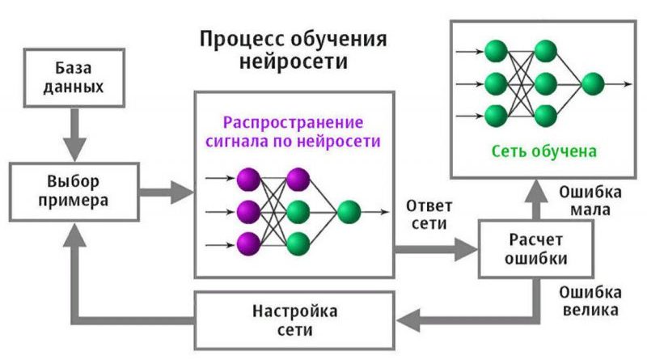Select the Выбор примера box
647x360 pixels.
[72, 189]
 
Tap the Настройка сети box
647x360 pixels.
[294, 320]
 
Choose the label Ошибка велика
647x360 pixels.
[591, 300]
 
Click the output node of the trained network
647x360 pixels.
[593, 83]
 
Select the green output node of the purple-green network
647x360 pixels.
[349, 212]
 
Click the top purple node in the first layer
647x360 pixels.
[248, 179]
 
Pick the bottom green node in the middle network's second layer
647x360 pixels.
[298, 242]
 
